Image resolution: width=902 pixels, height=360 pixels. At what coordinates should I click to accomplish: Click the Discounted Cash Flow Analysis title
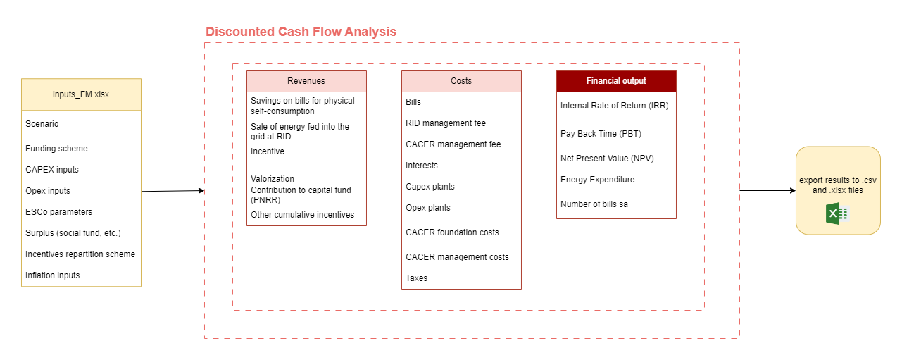coord(301,32)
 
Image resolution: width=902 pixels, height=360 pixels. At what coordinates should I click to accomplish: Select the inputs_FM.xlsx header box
coord(81,94)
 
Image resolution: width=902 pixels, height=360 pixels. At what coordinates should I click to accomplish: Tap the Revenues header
coord(306,81)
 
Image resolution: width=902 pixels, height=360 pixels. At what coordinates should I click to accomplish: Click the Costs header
coord(461,81)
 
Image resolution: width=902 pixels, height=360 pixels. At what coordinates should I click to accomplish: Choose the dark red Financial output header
coord(616,81)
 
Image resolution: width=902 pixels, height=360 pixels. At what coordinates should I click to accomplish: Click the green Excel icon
coord(837,213)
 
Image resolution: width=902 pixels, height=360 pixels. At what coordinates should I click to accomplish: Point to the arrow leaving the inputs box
coord(173,191)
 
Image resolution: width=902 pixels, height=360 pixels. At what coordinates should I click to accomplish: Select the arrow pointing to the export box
coord(768,190)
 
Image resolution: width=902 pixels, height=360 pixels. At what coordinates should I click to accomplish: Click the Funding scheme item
coord(56,149)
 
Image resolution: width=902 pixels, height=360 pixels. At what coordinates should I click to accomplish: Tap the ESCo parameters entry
coord(58,212)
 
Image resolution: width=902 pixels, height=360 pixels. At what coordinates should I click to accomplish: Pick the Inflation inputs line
coord(53,275)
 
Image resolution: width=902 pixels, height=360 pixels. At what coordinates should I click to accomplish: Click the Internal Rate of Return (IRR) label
coord(614,106)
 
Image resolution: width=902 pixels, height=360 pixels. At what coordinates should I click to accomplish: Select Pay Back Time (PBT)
coord(601,134)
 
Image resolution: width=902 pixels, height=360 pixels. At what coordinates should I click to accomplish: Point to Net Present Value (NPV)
coord(607,159)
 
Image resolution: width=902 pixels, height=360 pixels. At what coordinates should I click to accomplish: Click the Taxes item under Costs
coord(416,278)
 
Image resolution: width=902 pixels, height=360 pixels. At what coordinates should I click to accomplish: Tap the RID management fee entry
coord(446,123)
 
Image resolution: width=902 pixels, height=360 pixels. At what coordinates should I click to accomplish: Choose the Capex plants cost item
coord(430,187)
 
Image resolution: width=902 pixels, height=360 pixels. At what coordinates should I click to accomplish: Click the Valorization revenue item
coord(273,179)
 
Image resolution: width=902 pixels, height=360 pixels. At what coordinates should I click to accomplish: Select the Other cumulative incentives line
coord(303,215)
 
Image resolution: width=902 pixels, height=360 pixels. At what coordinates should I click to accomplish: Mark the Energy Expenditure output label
coord(597,180)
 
